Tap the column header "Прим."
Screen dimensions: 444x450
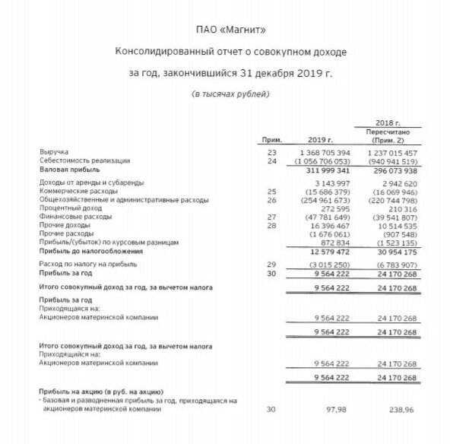click(x=271, y=141)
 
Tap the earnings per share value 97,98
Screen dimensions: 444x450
click(x=337, y=409)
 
